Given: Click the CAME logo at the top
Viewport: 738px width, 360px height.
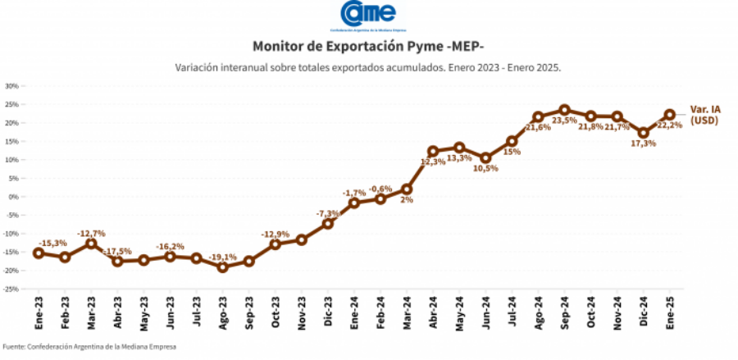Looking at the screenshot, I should tap(368, 14).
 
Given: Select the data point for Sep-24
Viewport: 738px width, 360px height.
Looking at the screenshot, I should tap(564, 110).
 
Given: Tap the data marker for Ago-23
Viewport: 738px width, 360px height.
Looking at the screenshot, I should tap(222, 267).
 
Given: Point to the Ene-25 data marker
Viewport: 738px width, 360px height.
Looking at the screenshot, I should tap(669, 115).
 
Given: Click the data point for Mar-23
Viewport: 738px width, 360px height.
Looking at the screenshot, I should tap(91, 244).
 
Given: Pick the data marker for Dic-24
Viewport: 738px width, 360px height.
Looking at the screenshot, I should tap(643, 133).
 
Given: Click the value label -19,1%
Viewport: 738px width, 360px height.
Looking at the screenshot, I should tap(222, 256).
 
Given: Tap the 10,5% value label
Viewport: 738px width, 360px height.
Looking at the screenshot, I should tap(486, 168).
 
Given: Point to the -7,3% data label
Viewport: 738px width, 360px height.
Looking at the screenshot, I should tap(328, 212).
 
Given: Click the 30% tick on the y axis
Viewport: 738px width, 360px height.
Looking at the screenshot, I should tap(12, 86).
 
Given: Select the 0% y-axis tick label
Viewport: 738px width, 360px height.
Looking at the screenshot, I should tap(14, 197).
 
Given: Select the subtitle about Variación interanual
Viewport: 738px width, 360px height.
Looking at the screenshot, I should tap(368, 67).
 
